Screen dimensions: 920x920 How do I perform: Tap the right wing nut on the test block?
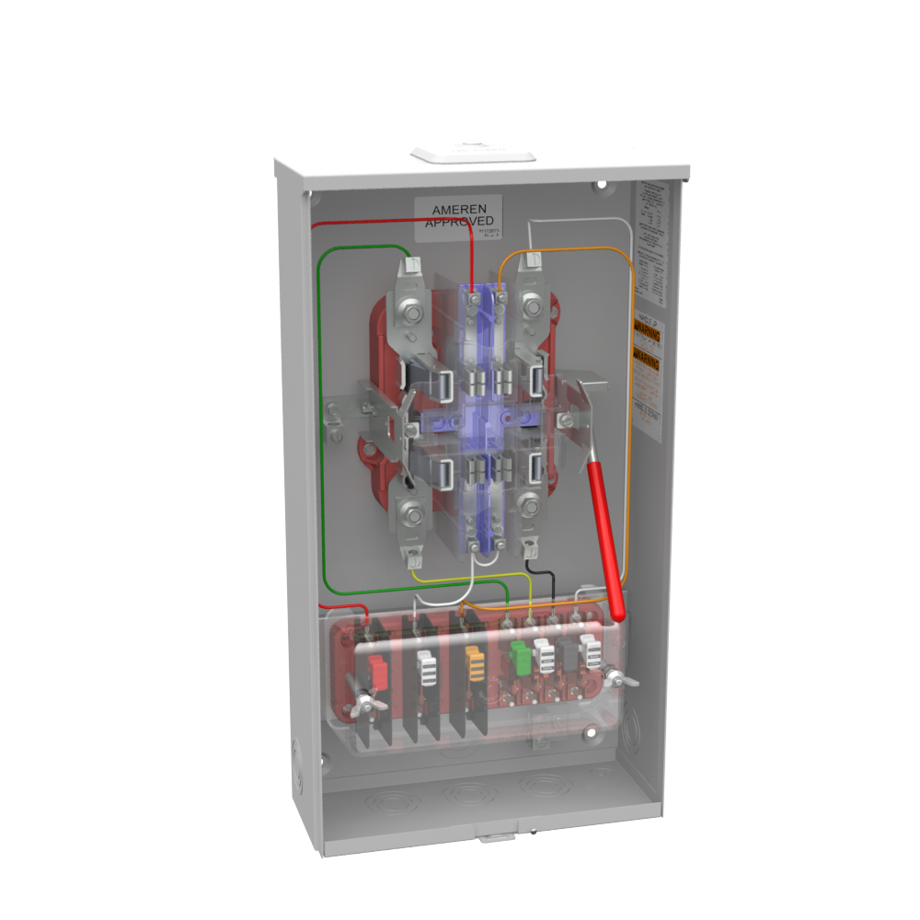point(615,679)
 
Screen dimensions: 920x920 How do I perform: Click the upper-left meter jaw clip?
point(441,383)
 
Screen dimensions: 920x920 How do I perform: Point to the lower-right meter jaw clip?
point(534,471)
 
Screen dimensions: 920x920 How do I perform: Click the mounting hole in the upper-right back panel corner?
point(602,184)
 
